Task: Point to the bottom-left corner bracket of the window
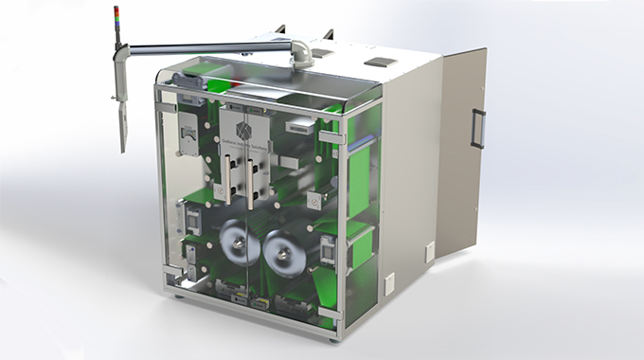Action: [170, 275]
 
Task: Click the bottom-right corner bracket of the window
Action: [329, 313]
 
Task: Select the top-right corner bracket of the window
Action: [331, 137]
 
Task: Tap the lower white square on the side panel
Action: [389, 281]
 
